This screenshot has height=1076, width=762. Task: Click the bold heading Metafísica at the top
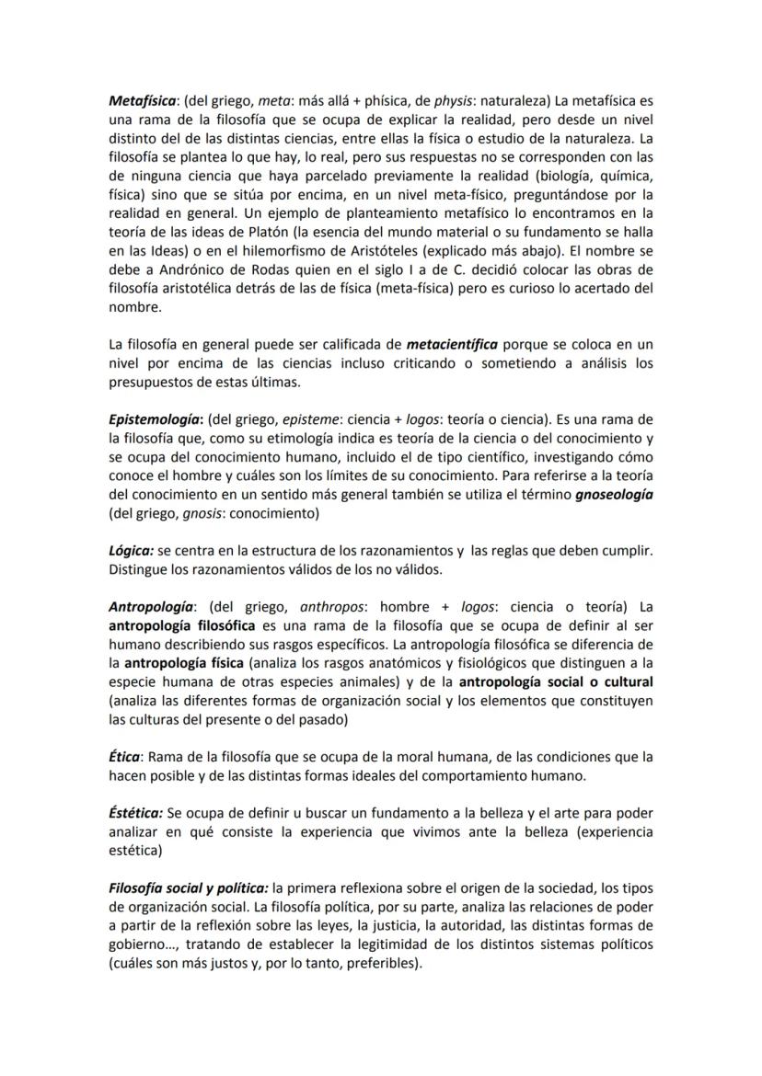(143, 100)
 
